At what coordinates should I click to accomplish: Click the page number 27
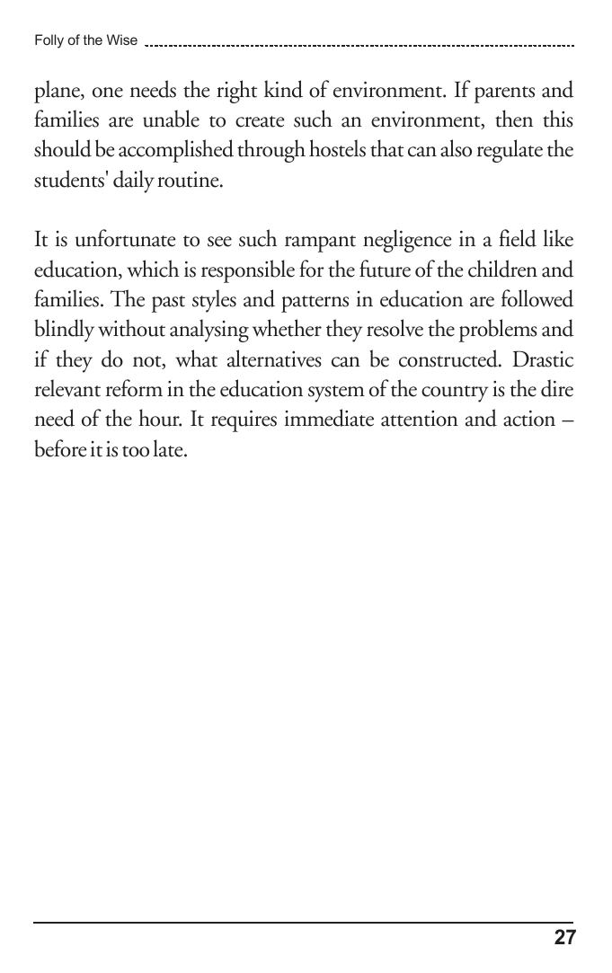[564, 938]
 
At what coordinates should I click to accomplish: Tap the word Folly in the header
[48, 40]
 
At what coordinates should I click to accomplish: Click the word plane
[57, 93]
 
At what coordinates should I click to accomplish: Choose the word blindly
[65, 329]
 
